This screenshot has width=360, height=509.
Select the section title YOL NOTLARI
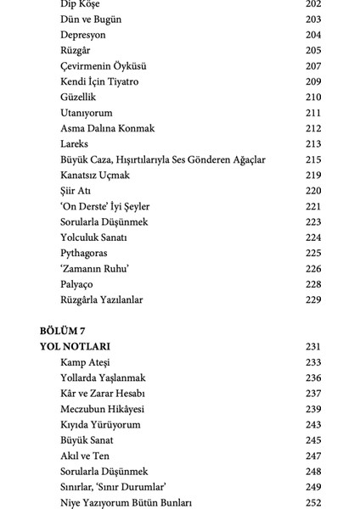point(76,347)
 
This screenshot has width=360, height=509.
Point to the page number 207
point(313,66)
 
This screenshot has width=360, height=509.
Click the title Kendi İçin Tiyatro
point(99,81)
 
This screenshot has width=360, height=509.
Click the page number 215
point(313,159)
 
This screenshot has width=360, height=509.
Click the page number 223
point(313,222)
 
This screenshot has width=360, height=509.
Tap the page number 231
point(313,347)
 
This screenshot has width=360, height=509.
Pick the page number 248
point(313,471)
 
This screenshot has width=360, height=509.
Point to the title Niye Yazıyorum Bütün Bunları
point(127,502)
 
